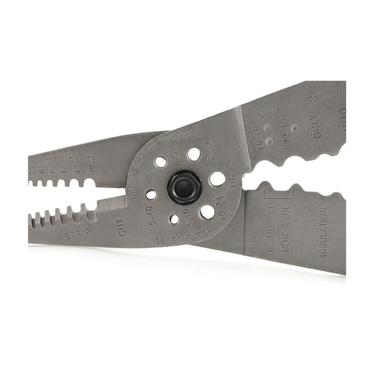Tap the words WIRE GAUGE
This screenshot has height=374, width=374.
click(71, 160)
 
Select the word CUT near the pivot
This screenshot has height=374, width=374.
click(122, 227)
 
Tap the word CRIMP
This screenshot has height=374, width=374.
click(268, 111)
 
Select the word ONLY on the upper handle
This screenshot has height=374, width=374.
click(317, 127)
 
